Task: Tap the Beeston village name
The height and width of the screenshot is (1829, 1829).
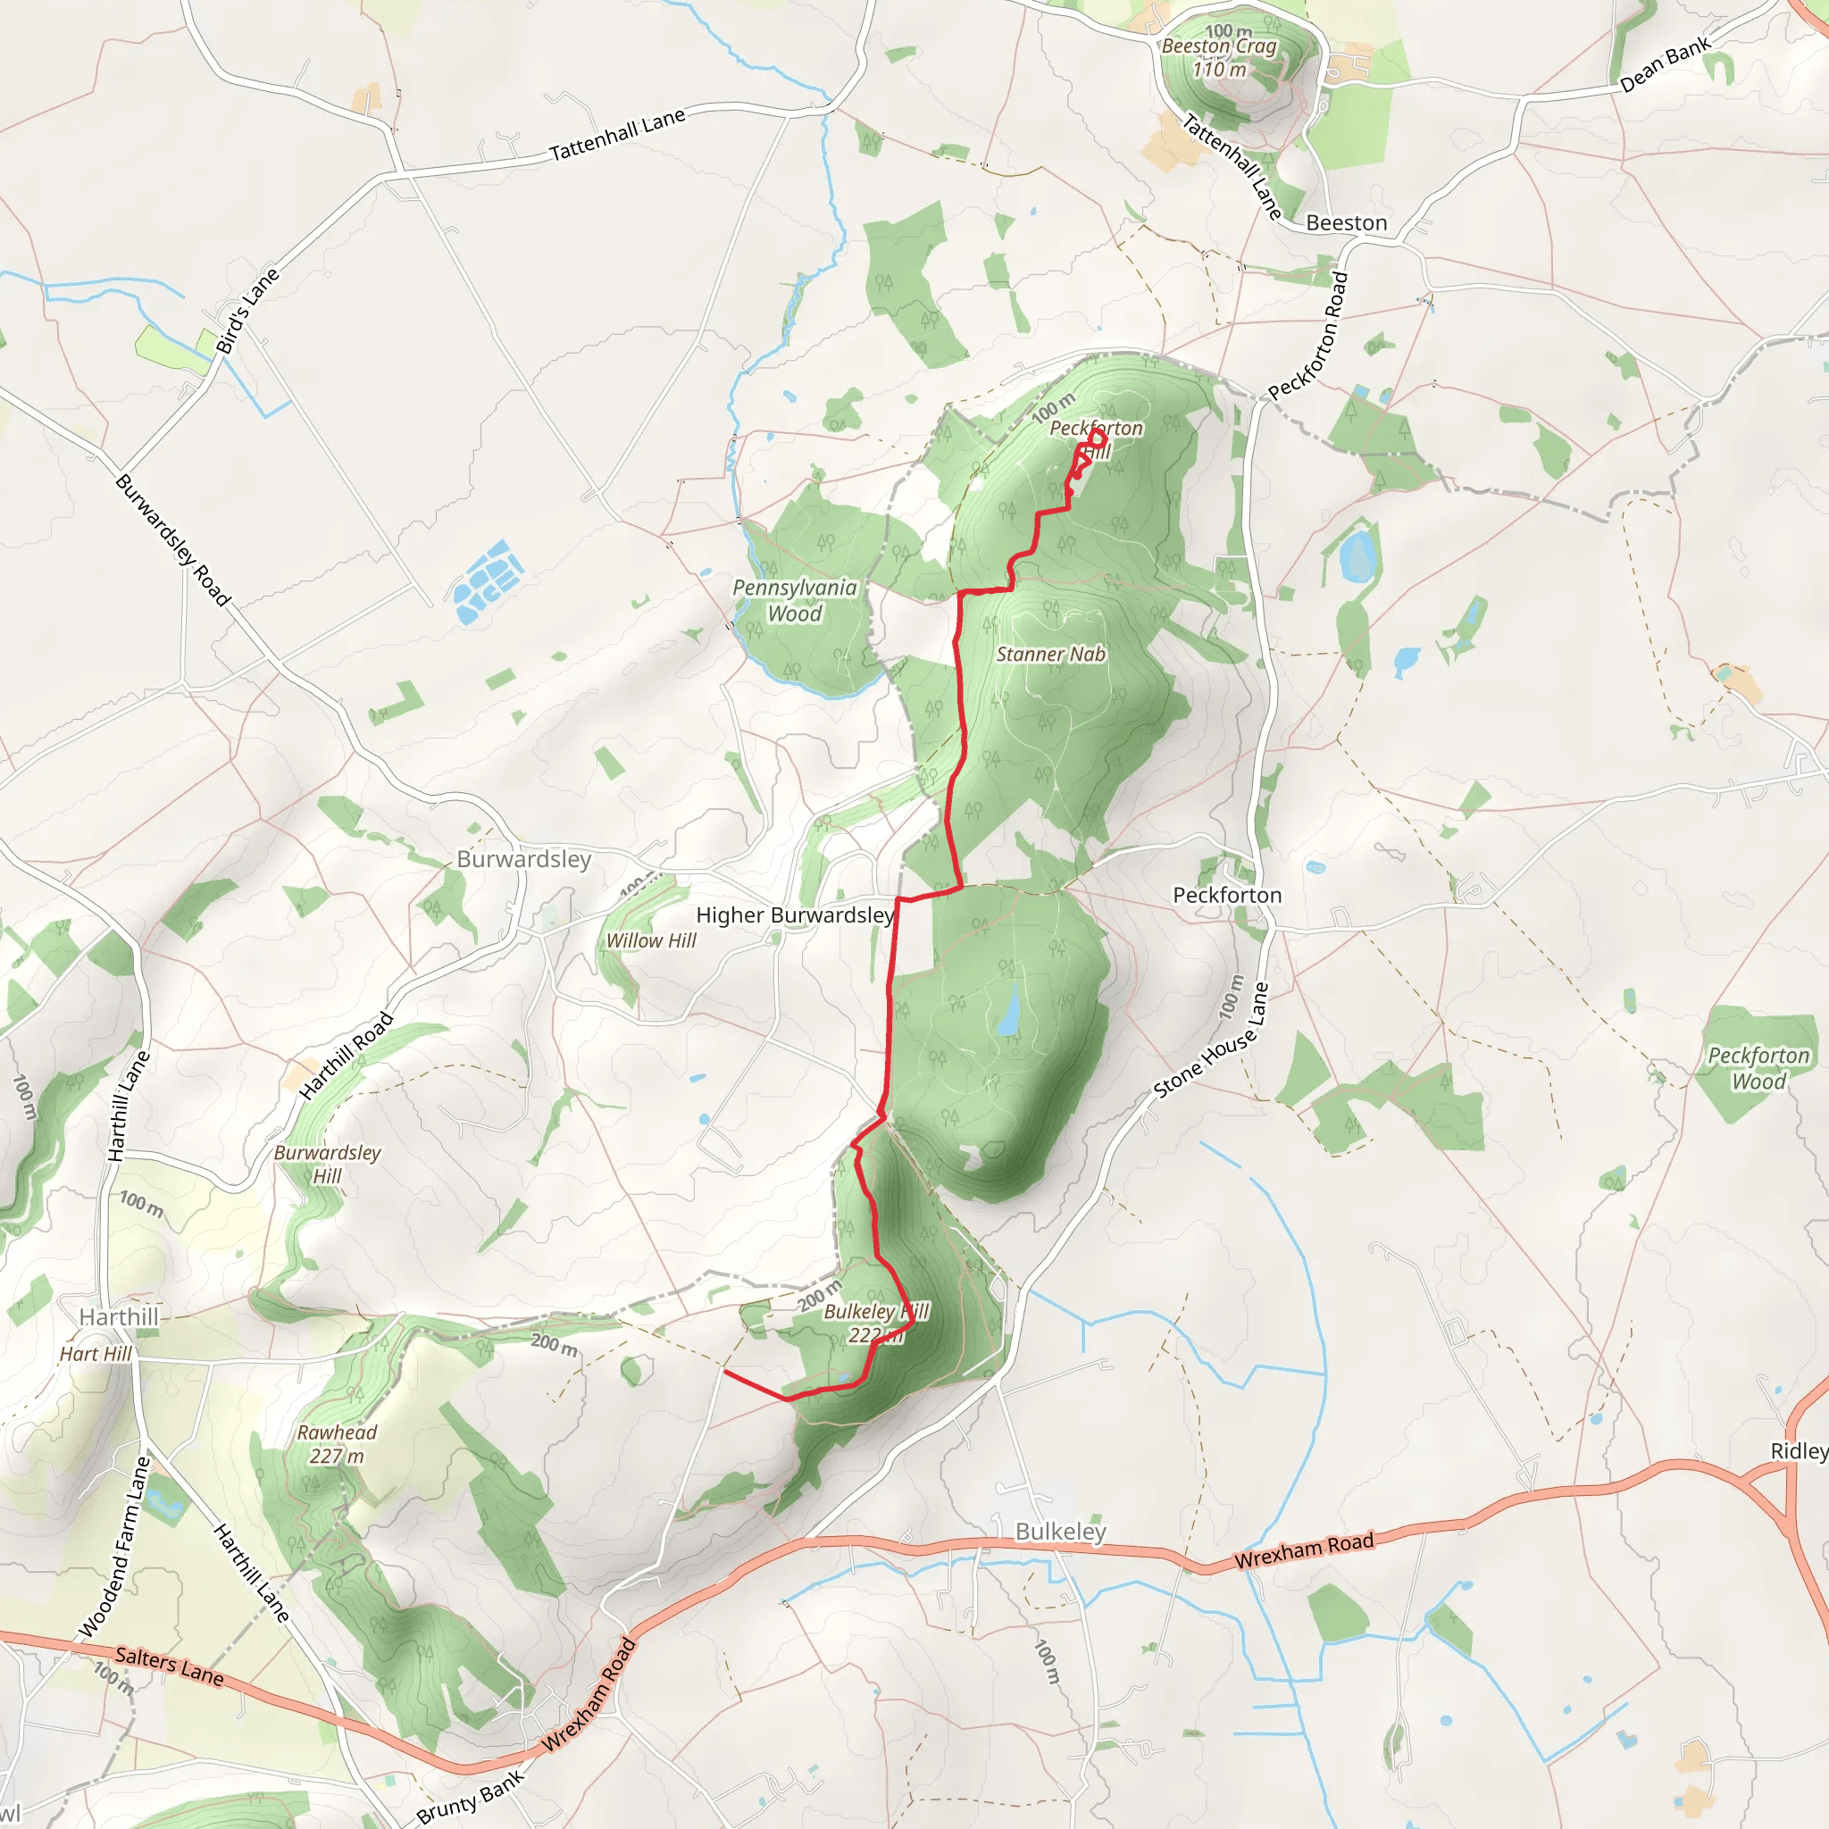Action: click(1346, 223)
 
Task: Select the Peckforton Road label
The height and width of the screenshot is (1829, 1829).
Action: click(1308, 336)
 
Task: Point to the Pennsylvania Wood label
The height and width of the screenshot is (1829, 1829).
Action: click(795, 600)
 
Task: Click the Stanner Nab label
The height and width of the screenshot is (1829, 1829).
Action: click(1051, 654)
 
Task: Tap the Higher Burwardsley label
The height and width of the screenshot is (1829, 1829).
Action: click(795, 915)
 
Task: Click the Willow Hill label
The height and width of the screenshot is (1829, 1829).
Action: click(651, 941)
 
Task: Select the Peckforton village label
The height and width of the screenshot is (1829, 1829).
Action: click(1227, 896)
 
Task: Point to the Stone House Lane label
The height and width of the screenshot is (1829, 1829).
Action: click(1211, 1040)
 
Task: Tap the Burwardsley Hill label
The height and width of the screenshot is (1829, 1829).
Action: click(328, 1164)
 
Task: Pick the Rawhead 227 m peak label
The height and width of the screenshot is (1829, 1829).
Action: click(337, 1444)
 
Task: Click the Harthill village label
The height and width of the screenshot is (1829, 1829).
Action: click(120, 1317)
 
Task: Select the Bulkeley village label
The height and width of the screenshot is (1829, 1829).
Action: click(1060, 1532)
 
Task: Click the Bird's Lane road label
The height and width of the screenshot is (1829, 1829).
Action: click(248, 311)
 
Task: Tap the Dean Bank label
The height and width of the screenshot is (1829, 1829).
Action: click(1666, 63)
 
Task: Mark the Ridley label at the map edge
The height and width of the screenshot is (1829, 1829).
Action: click(1799, 1451)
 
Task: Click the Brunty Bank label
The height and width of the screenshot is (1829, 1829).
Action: click(471, 1796)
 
